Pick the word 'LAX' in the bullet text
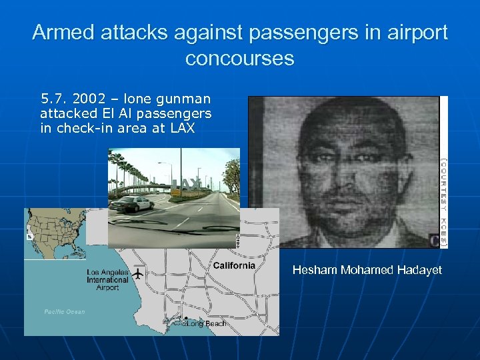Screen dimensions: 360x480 coord(182,129)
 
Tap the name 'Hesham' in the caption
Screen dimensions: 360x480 coord(315,270)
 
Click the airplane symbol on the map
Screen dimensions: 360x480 coord(139,273)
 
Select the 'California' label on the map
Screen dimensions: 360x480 coord(233,266)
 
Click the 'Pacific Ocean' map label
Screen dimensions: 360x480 coord(65,312)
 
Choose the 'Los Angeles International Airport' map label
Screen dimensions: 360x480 coord(107,280)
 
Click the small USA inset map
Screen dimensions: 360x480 coord(55,233)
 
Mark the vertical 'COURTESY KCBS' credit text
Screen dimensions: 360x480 coord(443,200)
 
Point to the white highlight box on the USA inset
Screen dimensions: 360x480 coord(29,236)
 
